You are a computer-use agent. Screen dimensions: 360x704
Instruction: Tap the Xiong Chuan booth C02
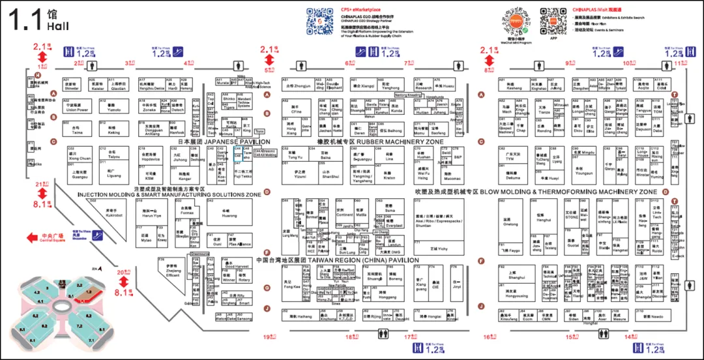click(80, 155)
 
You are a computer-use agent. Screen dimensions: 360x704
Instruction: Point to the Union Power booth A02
click(78, 107)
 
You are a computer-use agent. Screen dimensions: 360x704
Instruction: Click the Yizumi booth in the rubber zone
click(299, 173)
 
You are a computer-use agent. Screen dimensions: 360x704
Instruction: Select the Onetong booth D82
click(511, 222)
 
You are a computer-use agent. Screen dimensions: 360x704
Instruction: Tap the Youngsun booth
click(583, 171)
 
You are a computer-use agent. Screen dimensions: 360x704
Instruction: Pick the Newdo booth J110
click(651, 316)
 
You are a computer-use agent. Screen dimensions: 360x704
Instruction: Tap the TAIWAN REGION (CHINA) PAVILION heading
click(337, 260)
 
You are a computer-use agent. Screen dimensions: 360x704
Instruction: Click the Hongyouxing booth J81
click(516, 294)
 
